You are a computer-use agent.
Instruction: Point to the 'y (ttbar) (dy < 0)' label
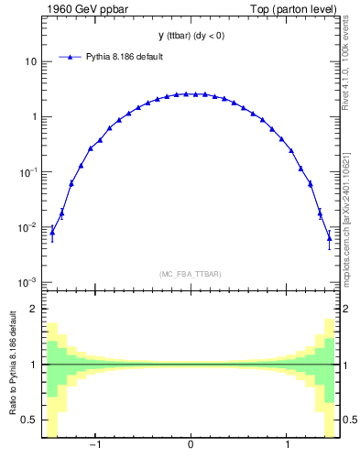190,36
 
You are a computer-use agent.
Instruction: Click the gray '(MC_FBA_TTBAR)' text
190,274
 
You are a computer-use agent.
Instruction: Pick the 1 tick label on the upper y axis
33,116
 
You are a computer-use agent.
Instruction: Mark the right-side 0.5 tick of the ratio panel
349,420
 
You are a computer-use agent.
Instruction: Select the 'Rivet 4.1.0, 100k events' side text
347,64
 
